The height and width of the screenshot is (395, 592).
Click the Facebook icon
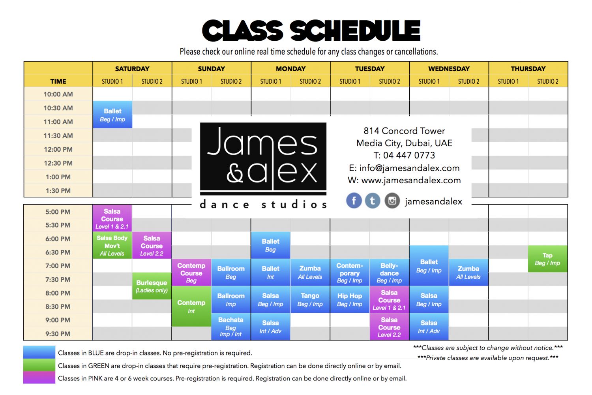pyautogui.click(x=354, y=201)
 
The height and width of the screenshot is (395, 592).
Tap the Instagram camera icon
pyautogui.click(x=392, y=201)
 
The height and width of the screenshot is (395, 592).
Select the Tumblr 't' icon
pyautogui.click(x=373, y=201)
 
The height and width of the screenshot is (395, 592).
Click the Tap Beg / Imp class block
pyautogui.click(x=548, y=259)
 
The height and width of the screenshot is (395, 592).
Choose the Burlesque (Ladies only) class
pyautogui.click(x=152, y=286)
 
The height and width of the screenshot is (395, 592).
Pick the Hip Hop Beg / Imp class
pyautogui.click(x=350, y=299)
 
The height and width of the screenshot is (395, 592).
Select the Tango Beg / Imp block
pyautogui.click(x=310, y=299)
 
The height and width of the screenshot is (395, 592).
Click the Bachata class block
pyautogui.click(x=231, y=327)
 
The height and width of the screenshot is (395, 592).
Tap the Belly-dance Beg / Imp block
pyautogui.click(x=389, y=273)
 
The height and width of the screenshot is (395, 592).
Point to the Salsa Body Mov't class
pyautogui.click(x=112, y=245)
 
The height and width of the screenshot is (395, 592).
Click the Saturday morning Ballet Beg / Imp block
pyautogui.click(x=112, y=115)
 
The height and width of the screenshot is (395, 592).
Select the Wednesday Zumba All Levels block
pyautogui.click(x=468, y=273)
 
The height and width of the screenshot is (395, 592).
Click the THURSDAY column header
pyautogui.click(x=528, y=69)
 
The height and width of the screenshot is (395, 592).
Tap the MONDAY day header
pyautogui.click(x=291, y=69)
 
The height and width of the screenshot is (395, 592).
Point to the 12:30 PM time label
pyautogui.click(x=58, y=163)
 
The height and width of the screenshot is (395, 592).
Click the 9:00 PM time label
pyautogui.click(x=58, y=320)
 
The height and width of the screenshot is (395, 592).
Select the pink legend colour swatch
pyautogui.click(x=39, y=378)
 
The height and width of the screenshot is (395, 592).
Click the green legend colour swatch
pyautogui.click(x=39, y=365)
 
